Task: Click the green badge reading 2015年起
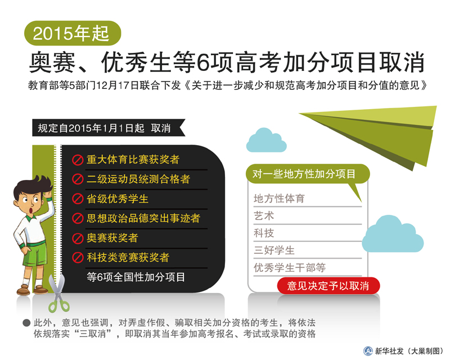click(73, 33)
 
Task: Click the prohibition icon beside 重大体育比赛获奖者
click(78, 160)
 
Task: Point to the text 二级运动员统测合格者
click(138, 179)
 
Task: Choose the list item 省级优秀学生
click(118, 199)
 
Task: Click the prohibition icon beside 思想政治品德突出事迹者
click(78, 218)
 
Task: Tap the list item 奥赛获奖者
click(112, 238)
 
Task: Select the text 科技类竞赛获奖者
click(128, 258)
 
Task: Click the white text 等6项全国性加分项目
click(136, 277)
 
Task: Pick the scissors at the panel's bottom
click(58, 293)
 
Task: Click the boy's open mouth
click(31, 210)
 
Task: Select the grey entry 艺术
click(264, 216)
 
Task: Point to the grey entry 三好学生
click(274, 250)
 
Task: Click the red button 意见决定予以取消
click(328, 286)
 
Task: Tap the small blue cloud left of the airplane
click(266, 141)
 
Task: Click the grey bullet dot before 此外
click(26, 323)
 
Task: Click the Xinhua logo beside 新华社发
click(368, 351)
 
